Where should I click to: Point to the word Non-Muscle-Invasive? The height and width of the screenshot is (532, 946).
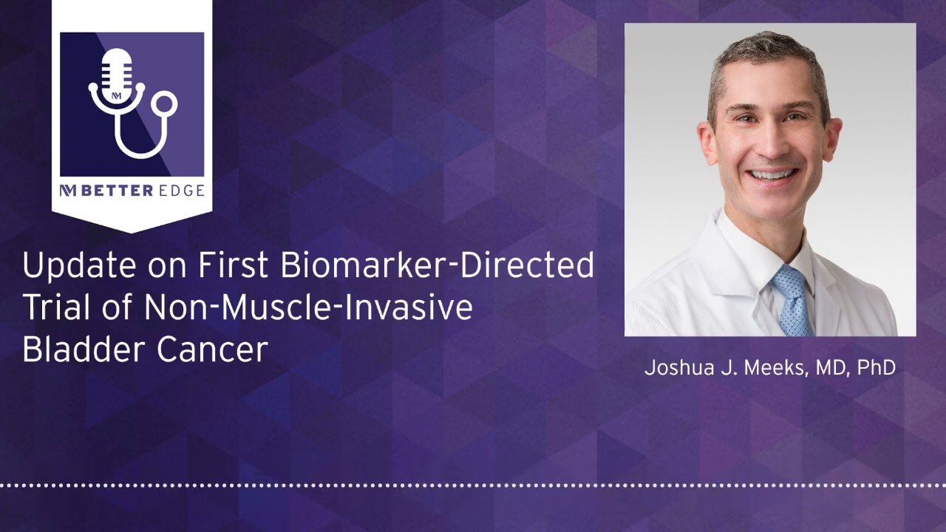[x=308, y=307]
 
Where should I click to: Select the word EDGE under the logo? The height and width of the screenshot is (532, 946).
[x=180, y=191]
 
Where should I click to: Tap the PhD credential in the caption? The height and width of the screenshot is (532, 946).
[x=877, y=367]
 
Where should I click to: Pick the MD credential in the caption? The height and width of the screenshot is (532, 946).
[x=831, y=367]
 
